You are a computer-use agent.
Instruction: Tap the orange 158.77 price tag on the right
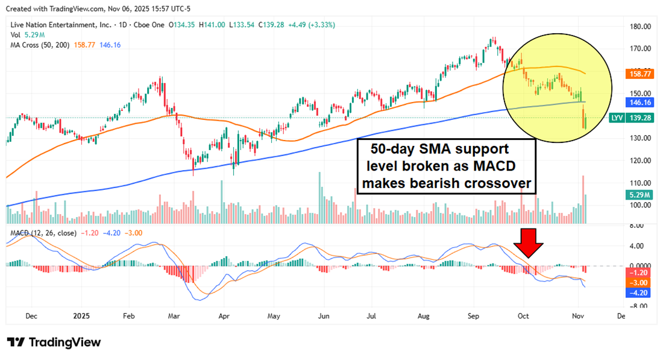[636, 74]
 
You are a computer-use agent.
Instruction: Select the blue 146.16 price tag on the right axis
[636, 104]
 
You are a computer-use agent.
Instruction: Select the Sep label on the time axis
[474, 315]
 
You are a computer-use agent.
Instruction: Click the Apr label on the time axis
[224, 315]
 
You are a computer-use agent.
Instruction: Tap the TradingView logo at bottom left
[54, 342]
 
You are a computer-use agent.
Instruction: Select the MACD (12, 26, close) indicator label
[42, 232]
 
